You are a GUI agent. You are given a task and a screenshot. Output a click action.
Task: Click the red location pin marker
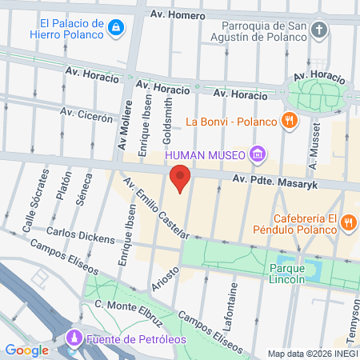[181, 177]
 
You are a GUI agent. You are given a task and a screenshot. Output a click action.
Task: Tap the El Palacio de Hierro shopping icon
[117, 29]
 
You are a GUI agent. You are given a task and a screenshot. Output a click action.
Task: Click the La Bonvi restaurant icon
[290, 122]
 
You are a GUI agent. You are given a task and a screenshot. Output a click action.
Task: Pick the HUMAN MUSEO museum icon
[257, 154]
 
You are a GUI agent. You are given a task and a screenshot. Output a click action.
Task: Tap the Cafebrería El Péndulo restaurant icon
[348, 222]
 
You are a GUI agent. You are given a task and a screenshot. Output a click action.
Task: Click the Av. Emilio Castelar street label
[154, 207]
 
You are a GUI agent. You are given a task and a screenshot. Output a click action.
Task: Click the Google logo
[27, 350]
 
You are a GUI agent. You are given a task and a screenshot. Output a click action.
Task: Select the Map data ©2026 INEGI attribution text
[312, 354]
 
